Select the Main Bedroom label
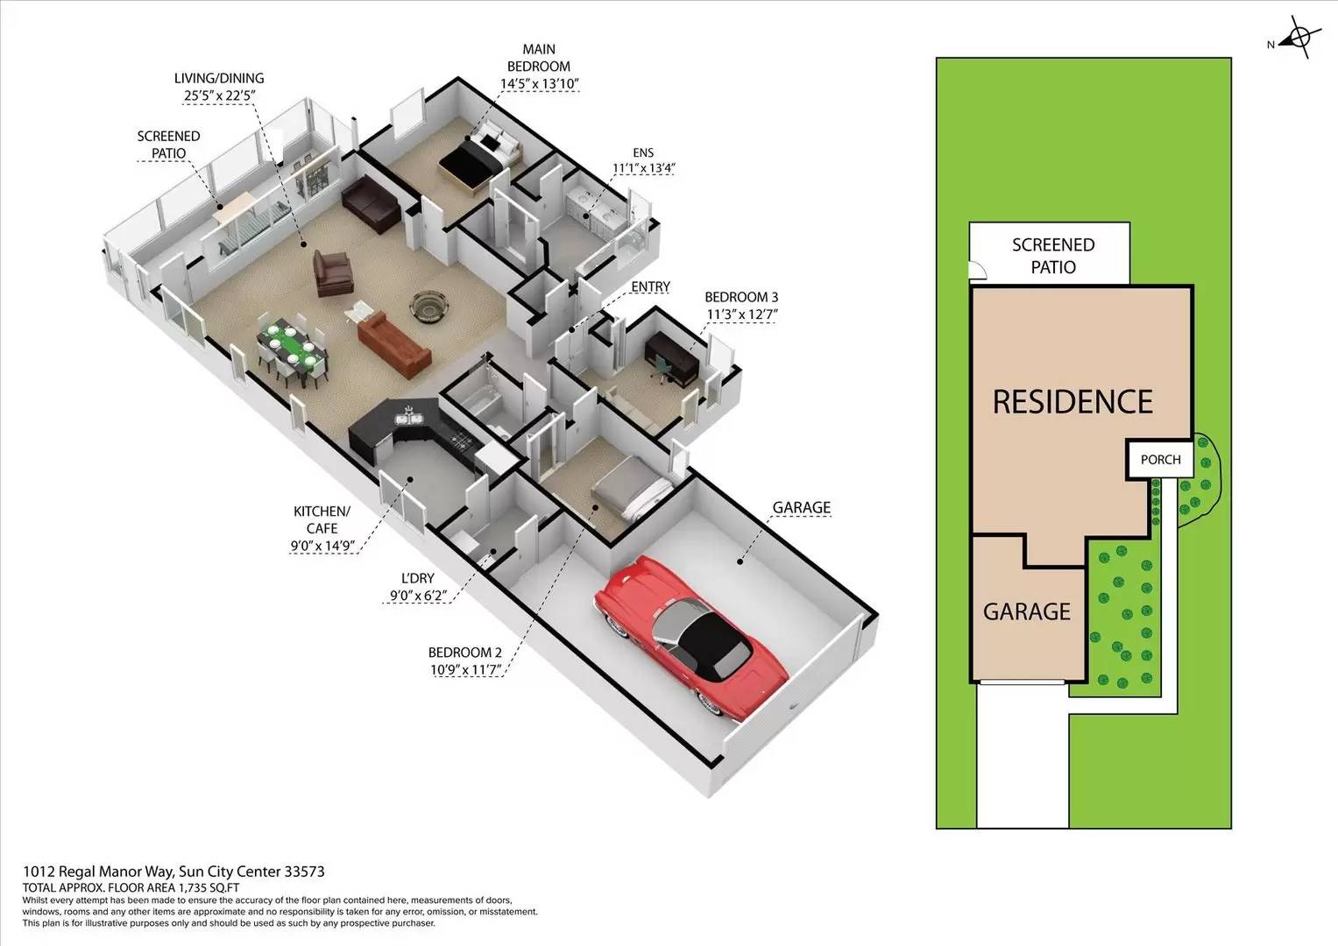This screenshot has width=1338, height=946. coord(539,58)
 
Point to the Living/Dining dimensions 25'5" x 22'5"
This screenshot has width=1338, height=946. coord(221,95)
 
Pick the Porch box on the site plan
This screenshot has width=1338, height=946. coord(1161,459)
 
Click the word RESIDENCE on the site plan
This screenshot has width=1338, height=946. coord(1073,401)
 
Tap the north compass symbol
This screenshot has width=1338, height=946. coord(1299,37)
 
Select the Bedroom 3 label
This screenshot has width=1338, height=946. coord(741,297)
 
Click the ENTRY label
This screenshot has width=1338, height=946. coord(650,286)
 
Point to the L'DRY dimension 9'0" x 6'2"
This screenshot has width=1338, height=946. coord(418,596)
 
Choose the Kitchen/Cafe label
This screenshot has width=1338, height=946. coord(322,519)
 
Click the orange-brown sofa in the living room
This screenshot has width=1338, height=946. coord(393,346)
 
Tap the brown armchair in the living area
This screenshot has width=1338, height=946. coord(333,273)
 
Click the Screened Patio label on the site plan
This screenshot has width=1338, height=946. coord(1053,256)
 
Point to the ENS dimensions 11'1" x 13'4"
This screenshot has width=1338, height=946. coord(643,168)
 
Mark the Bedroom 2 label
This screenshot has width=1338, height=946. coord(464,653)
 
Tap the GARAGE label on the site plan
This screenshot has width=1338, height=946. coord(1027,611)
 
